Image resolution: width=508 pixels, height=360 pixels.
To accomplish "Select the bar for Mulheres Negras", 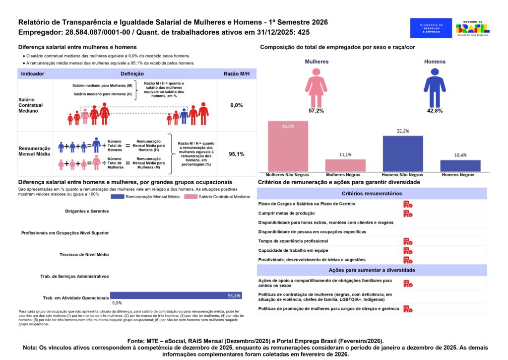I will coord(345,165).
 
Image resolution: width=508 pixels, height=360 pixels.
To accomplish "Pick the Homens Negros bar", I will coord(460,166).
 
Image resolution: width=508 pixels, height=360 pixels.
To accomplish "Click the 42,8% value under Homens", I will coord(435,111).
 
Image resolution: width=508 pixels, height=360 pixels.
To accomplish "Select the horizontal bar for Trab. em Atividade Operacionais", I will coord(176,295).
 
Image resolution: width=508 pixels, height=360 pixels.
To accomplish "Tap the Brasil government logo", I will coord(472,28).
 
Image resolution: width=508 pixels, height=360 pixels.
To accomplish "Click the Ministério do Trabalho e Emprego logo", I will coord(431,28).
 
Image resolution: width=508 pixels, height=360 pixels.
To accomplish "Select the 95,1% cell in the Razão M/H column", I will coord(237,154).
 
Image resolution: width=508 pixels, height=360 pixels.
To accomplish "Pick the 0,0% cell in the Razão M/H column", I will coord(237,105).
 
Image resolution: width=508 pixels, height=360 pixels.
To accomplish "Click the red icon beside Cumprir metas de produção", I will coord(408,213).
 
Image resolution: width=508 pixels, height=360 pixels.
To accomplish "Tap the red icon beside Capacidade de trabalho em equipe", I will coord(408,250).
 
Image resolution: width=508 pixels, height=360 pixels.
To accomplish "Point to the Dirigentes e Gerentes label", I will coord(87,211).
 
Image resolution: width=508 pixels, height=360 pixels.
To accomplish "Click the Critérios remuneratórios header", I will coord(372,194).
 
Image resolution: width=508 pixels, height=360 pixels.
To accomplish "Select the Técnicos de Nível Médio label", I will coord(84,254).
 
